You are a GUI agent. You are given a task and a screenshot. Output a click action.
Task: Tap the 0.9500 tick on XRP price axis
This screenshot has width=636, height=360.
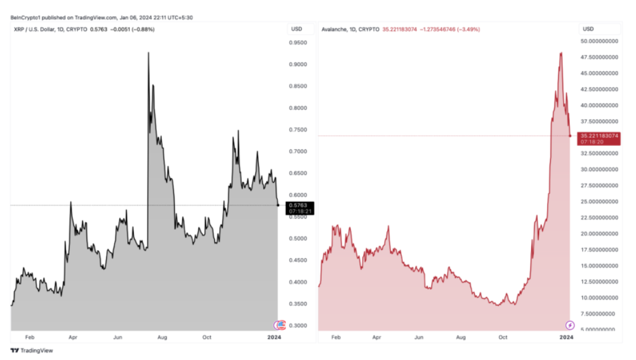click(299, 43)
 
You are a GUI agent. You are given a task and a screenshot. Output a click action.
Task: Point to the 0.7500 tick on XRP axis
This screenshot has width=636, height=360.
click(299, 130)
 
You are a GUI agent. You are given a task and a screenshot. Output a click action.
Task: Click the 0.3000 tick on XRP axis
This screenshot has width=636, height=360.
click(299, 325)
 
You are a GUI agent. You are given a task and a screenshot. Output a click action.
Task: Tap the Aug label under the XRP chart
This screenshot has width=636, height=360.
click(162, 337)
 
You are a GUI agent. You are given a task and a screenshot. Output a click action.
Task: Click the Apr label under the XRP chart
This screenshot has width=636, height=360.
click(73, 337)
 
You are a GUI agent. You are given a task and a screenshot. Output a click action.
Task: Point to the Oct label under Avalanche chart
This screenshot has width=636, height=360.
click(503, 337)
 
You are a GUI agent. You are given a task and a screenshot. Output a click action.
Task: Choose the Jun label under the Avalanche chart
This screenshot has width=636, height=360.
click(419, 337)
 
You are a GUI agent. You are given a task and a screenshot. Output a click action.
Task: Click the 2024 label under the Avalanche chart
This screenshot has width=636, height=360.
click(566, 337)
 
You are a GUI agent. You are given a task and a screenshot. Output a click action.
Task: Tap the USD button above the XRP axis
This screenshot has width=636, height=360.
click(296, 29)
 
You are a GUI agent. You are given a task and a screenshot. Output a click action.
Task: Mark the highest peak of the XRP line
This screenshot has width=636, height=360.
click(148, 53)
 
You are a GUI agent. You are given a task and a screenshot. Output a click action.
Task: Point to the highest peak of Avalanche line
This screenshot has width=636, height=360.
click(560, 52)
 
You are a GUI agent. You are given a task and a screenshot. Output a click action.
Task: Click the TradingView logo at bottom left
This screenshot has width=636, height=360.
click(32, 350)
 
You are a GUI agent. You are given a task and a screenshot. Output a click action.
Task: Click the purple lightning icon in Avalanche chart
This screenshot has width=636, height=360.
click(570, 325)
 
